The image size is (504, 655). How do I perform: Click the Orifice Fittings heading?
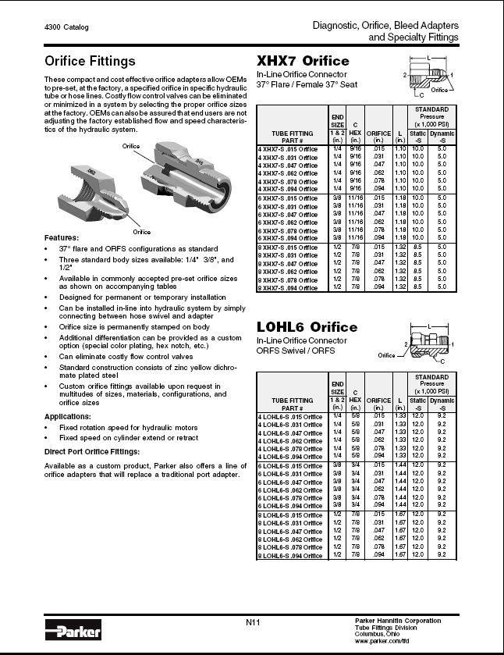coord(90,61)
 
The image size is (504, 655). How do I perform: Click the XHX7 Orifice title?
coord(303,61)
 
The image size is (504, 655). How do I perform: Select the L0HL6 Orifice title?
coord(307,326)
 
